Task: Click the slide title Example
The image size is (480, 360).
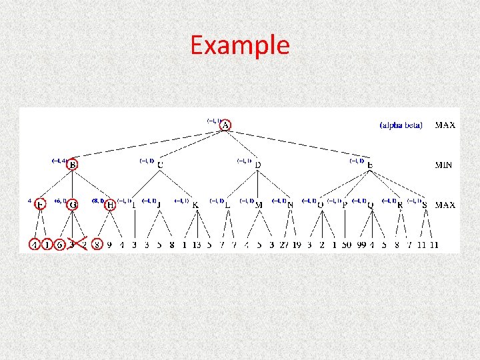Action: tap(240, 45)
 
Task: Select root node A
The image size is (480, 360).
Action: tap(225, 125)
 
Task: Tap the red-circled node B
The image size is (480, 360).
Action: tap(72, 164)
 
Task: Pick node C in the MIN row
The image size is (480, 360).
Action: tap(160, 164)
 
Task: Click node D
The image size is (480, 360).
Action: tap(258, 164)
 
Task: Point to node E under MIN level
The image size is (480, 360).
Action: tap(369, 164)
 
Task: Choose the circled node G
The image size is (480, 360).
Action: tap(72, 205)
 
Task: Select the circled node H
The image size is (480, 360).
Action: tap(110, 205)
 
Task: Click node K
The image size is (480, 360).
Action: tap(195, 205)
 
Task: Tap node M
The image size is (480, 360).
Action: tap(259, 205)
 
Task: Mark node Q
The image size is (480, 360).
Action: tap(370, 205)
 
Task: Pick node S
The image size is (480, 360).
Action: tap(425, 205)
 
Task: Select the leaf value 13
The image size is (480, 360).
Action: tap(197, 245)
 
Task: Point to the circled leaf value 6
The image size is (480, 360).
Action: tap(59, 245)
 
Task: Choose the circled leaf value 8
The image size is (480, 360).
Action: tap(97, 245)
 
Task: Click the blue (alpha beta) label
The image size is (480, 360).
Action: tap(401, 125)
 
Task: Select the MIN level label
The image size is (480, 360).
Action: tap(445, 165)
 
